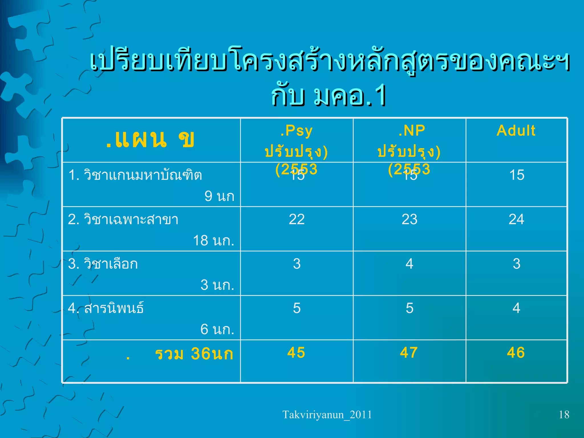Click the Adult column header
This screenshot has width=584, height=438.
(x=516, y=131)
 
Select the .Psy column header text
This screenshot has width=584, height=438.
(x=297, y=131)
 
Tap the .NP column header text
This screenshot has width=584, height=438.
(x=412, y=131)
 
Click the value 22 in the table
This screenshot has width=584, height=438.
(x=297, y=219)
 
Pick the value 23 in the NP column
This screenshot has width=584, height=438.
(x=409, y=219)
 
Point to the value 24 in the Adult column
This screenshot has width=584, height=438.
(x=516, y=219)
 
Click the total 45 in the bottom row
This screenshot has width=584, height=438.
(x=296, y=352)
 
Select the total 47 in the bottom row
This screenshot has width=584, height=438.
(x=409, y=352)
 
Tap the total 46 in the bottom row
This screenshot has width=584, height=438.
(x=516, y=352)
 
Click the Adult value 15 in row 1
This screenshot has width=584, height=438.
(x=517, y=175)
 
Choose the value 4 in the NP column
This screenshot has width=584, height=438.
(x=409, y=264)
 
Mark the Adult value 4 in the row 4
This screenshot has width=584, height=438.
(x=516, y=308)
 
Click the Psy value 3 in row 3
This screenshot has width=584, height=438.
(x=297, y=264)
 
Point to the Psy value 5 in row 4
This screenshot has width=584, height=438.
(x=297, y=308)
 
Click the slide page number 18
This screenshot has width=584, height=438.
(x=564, y=415)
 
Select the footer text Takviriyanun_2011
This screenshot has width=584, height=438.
(x=327, y=415)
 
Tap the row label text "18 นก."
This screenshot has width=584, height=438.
(x=214, y=240)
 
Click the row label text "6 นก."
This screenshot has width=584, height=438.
(x=217, y=329)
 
